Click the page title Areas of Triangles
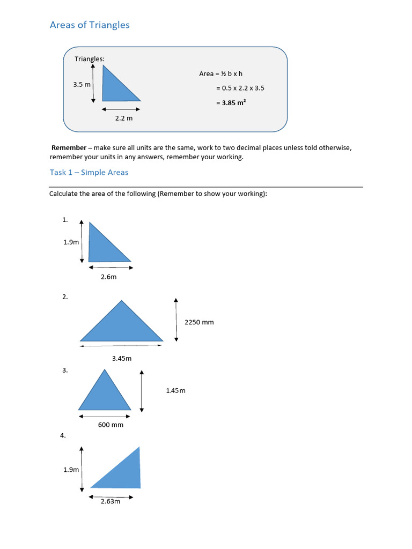click(x=90, y=25)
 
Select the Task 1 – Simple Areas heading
click(x=89, y=172)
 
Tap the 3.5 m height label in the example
click(x=82, y=84)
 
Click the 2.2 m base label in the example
click(x=123, y=118)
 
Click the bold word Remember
click(x=69, y=147)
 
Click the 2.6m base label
click(x=109, y=277)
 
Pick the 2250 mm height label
click(x=199, y=322)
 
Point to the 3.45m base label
click(x=122, y=358)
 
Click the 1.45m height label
click(x=175, y=391)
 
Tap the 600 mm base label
click(x=110, y=425)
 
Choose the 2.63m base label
click(x=110, y=502)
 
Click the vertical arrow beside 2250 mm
click(x=176, y=320)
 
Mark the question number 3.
click(x=65, y=370)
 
